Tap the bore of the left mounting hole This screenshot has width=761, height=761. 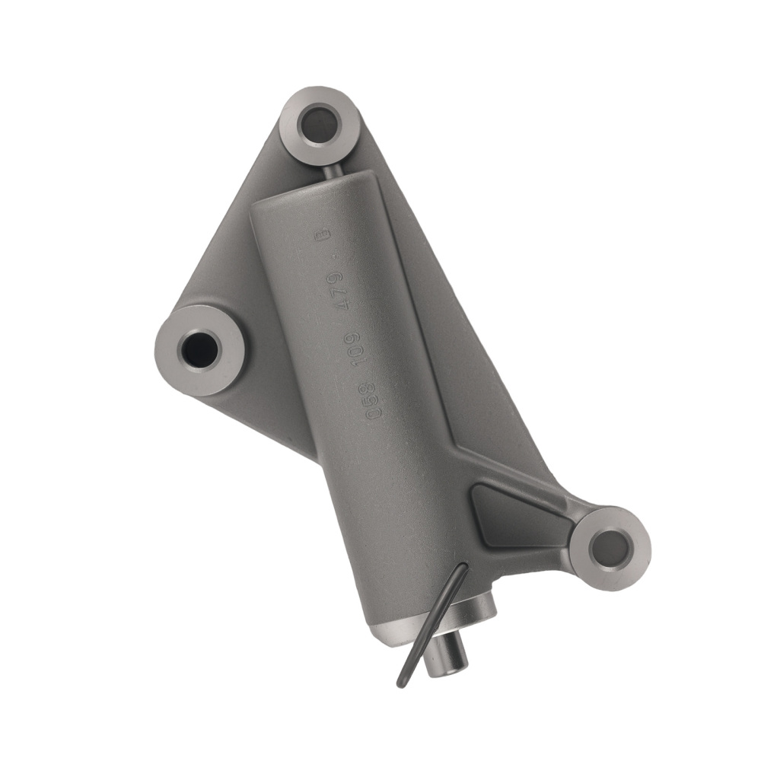199,349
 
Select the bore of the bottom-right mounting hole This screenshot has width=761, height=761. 610,547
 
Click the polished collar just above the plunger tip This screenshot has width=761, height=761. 472,609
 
